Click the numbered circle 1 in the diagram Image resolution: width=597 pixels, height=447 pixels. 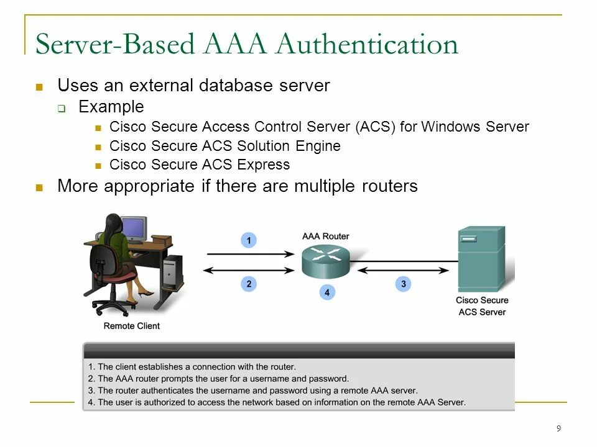249,240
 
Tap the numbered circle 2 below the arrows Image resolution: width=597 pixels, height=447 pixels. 249,284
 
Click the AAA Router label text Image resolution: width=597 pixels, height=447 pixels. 326,236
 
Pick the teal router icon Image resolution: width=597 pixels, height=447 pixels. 326,261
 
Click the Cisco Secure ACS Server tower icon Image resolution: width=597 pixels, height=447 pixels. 481,258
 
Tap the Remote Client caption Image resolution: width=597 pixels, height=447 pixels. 131,326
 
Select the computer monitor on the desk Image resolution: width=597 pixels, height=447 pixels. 134,228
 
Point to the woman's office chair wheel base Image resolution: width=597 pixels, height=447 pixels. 114,307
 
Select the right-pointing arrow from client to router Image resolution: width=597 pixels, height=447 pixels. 249,254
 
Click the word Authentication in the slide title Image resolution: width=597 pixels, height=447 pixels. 368,45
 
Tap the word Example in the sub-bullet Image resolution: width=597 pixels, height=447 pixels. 111,107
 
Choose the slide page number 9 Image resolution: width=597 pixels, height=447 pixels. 558,428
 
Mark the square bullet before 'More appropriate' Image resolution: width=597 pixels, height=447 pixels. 40,187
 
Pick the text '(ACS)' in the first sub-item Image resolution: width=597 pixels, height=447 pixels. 376,127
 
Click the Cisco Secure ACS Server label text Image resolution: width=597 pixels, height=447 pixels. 482,306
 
